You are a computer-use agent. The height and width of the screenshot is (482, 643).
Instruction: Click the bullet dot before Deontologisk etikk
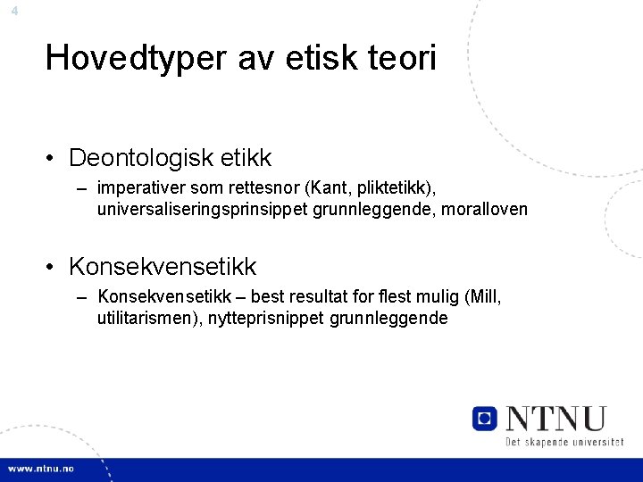pyautogui.click(x=54, y=159)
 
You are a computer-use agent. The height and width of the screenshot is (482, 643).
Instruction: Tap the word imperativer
pyautogui.click(x=139, y=188)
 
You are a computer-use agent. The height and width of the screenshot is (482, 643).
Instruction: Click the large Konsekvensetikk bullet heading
pyautogui.click(x=163, y=266)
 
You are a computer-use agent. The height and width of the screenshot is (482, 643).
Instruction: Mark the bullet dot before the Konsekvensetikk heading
pyautogui.click(x=54, y=267)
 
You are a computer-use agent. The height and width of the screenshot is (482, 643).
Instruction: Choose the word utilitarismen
pyautogui.click(x=144, y=318)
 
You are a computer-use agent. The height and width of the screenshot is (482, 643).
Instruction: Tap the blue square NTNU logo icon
pyautogui.click(x=485, y=419)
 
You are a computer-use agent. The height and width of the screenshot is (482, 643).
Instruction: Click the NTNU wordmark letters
pyautogui.click(x=555, y=419)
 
